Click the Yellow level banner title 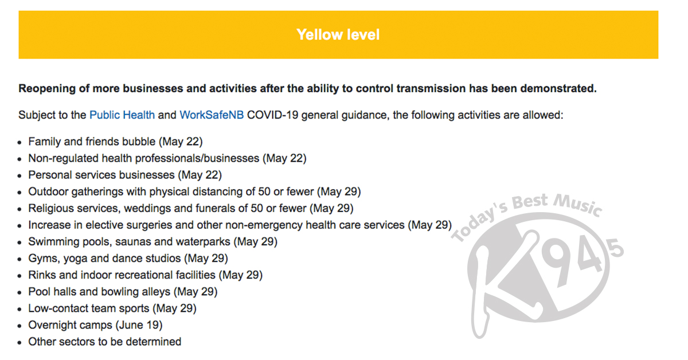tap(338, 34)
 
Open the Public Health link tap(122, 115)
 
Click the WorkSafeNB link tap(212, 115)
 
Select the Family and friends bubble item tap(115, 141)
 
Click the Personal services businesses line tap(124, 174)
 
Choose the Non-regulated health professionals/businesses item tap(167, 158)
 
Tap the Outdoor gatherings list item tap(194, 191)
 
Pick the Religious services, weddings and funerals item tap(190, 208)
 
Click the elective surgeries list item tap(240, 225)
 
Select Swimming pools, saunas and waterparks tap(153, 241)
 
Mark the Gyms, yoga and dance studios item tap(128, 259)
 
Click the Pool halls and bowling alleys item tap(123, 292)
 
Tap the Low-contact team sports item tap(112, 308)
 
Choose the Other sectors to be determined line tap(104, 342)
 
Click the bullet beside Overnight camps tap(20, 326)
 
